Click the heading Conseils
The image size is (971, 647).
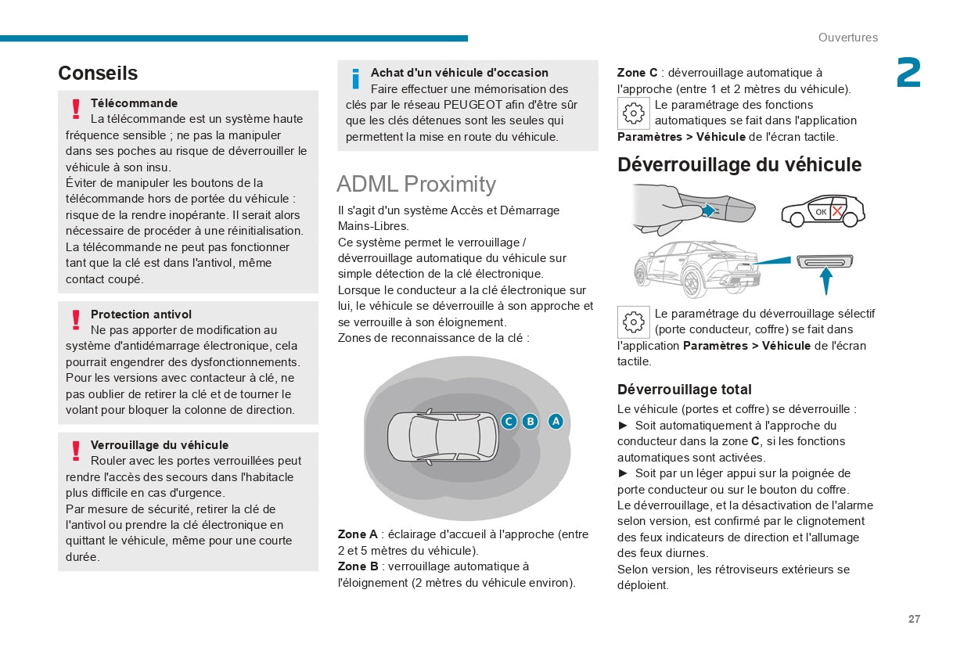98,73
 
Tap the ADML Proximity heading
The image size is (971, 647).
415,184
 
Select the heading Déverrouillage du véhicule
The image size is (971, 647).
739,165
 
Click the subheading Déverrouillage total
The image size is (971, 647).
684,390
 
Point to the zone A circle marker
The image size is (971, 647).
556,422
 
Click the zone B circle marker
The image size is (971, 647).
530,422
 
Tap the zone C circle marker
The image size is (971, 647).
509,422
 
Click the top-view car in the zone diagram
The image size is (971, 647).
442,436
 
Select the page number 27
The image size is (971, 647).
914,619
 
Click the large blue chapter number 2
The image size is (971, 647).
908,74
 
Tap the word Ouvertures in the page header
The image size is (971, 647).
848,38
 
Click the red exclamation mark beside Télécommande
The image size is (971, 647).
76,109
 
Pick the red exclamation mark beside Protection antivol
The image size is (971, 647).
76,320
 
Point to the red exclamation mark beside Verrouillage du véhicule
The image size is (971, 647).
76,451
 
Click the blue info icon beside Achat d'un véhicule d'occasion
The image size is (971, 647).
356,79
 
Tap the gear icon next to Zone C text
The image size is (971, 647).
633,113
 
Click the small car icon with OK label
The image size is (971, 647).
822,210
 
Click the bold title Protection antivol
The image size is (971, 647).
141,315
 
